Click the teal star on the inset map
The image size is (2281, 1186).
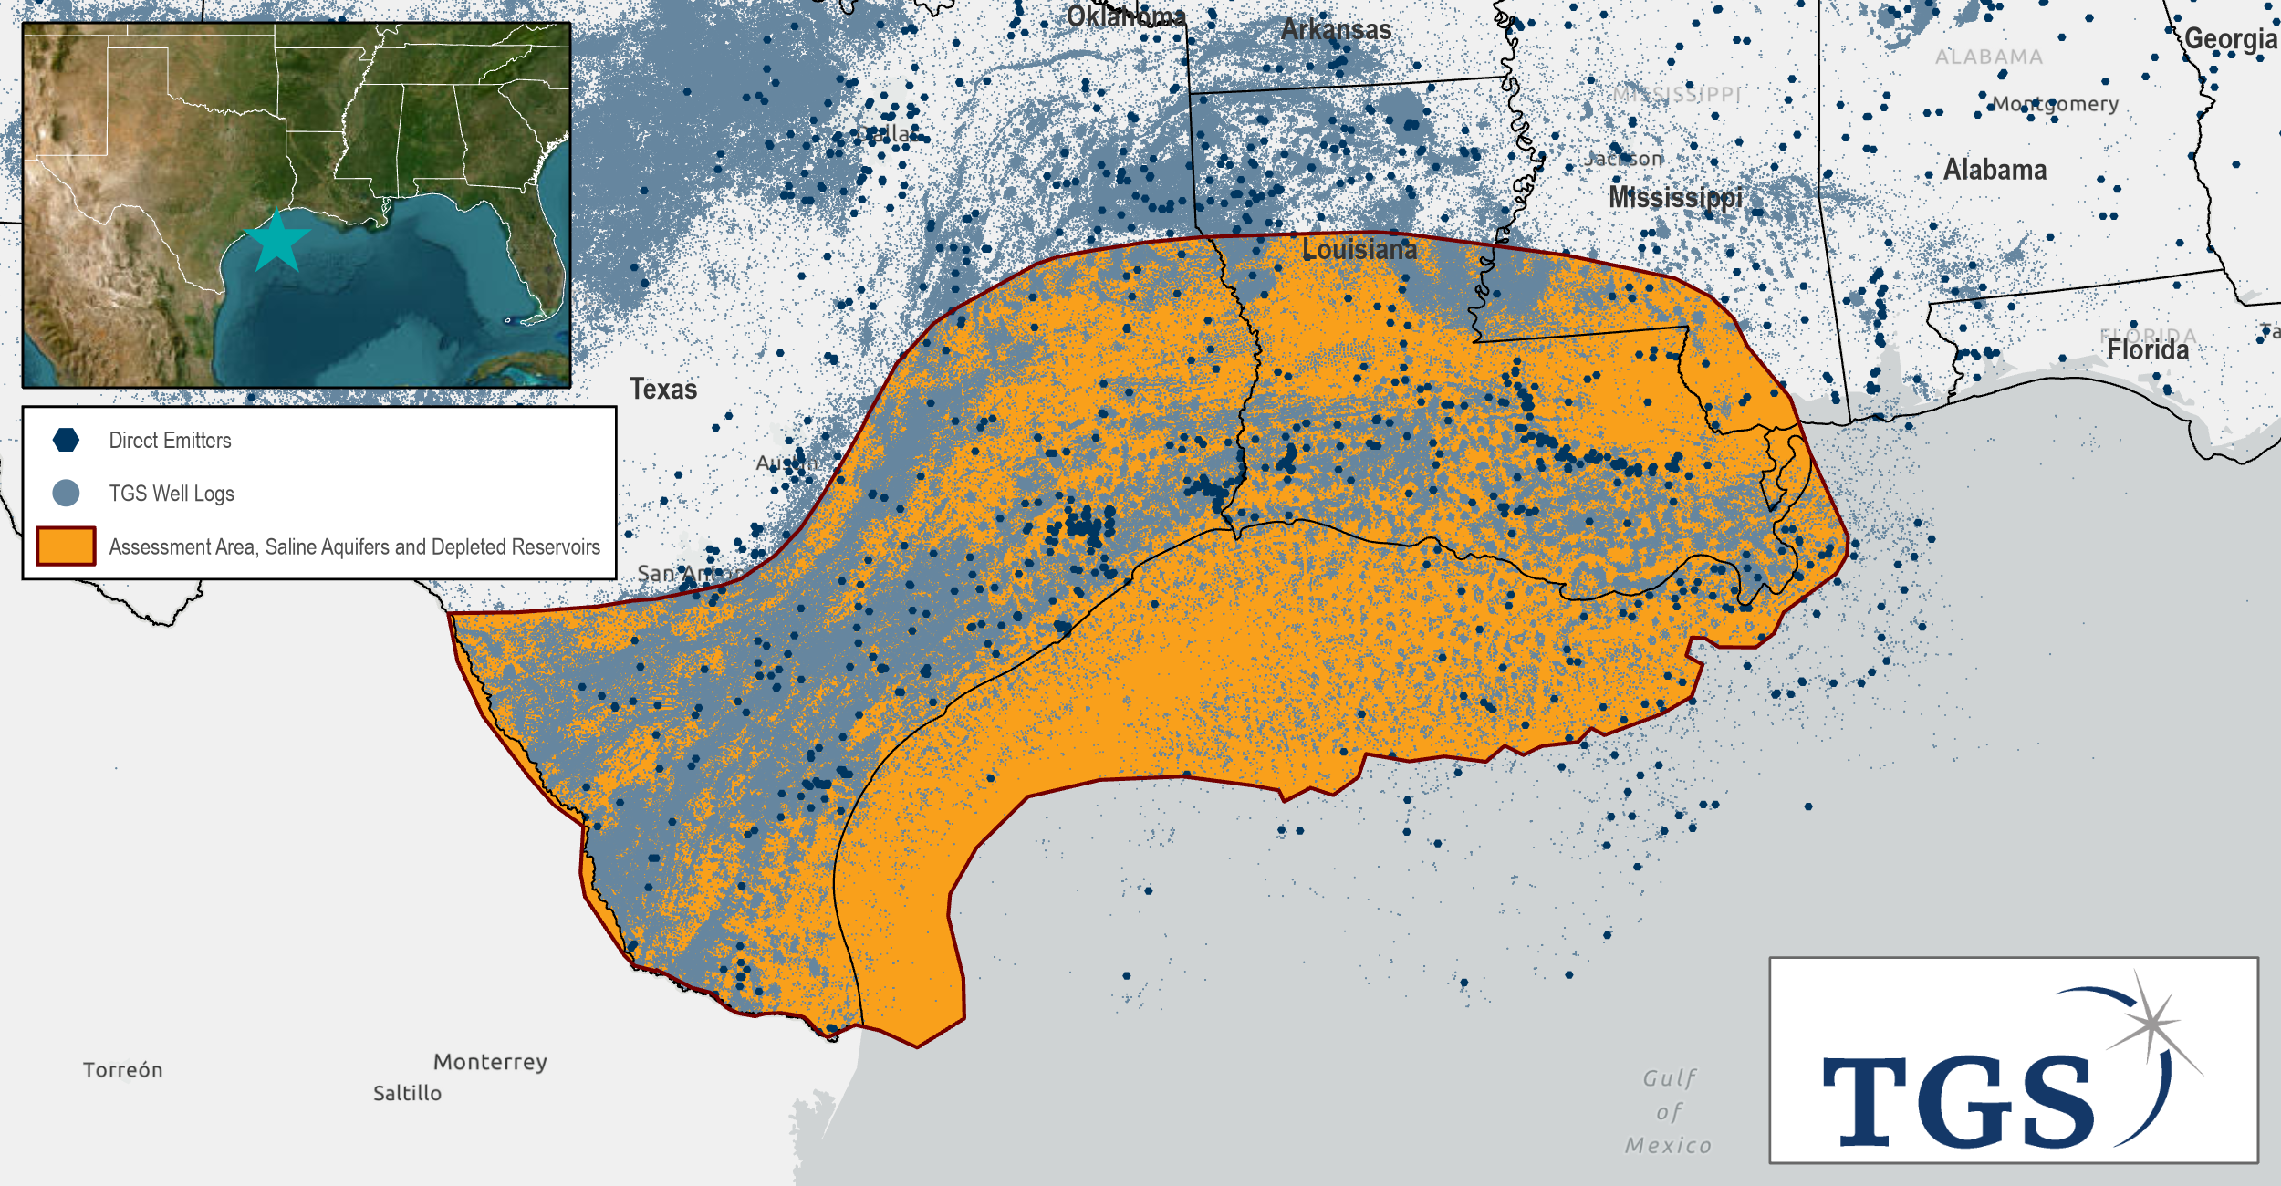pyautogui.click(x=277, y=242)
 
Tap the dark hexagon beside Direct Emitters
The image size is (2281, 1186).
pyautogui.click(x=66, y=440)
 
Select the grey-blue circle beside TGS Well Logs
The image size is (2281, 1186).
pyautogui.click(x=66, y=494)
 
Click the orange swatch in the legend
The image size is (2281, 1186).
pyautogui.click(x=66, y=546)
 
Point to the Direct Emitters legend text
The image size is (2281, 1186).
pyautogui.click(x=170, y=441)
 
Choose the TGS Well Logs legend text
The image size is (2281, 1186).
pyautogui.click(x=172, y=494)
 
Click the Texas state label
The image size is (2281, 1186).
pyautogui.click(x=663, y=390)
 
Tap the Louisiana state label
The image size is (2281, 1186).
pyautogui.click(x=1359, y=249)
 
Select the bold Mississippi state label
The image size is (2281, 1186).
pyautogui.click(x=1675, y=197)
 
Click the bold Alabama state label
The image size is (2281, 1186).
pyautogui.click(x=1995, y=170)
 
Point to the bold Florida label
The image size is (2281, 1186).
pyautogui.click(x=2147, y=350)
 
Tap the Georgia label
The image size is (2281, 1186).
pyautogui.click(x=2230, y=39)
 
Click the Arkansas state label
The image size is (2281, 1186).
pyautogui.click(x=1336, y=30)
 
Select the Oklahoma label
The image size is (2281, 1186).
pyautogui.click(x=1126, y=16)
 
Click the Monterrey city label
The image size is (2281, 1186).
pyautogui.click(x=490, y=1062)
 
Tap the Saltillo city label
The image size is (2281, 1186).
pyautogui.click(x=407, y=1093)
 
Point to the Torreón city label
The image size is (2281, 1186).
pyautogui.click(x=122, y=1069)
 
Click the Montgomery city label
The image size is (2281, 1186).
pyautogui.click(x=2055, y=104)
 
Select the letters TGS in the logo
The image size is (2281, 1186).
pyautogui.click(x=1957, y=1101)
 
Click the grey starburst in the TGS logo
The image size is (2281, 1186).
pyautogui.click(x=2151, y=1024)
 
